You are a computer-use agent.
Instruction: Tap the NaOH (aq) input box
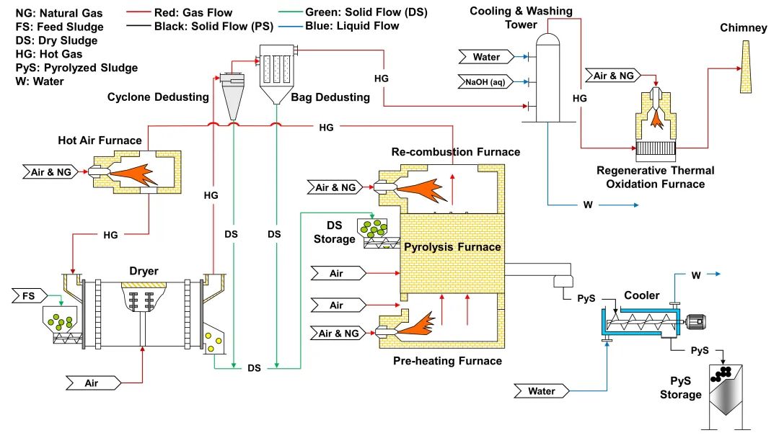pos(484,81)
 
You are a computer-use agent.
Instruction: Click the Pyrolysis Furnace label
pos(452,247)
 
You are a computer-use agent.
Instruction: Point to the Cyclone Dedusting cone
pos(233,97)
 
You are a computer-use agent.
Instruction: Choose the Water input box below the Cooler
pos(542,391)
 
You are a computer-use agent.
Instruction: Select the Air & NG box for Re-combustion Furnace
pos(336,188)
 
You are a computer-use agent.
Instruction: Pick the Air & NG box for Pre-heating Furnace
pos(336,333)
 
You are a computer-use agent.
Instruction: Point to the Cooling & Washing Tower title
pos(521,17)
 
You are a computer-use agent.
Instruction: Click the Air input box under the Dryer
pos(92,383)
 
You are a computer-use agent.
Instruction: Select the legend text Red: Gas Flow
pos(193,12)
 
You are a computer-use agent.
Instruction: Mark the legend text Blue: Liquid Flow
pos(352,26)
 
